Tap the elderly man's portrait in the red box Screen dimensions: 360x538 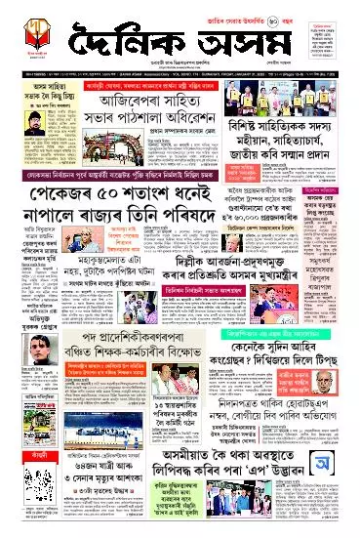pyautogui.click(x=337, y=438)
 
